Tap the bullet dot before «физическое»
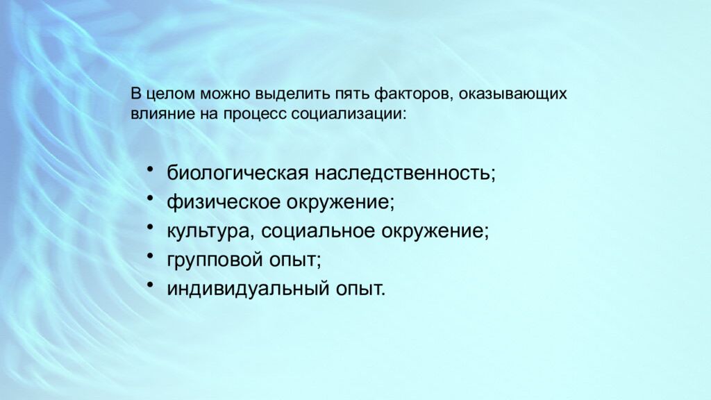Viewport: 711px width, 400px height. coord(151,200)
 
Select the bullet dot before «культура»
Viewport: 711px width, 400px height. coord(151,228)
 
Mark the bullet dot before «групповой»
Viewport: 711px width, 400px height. coord(151,257)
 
